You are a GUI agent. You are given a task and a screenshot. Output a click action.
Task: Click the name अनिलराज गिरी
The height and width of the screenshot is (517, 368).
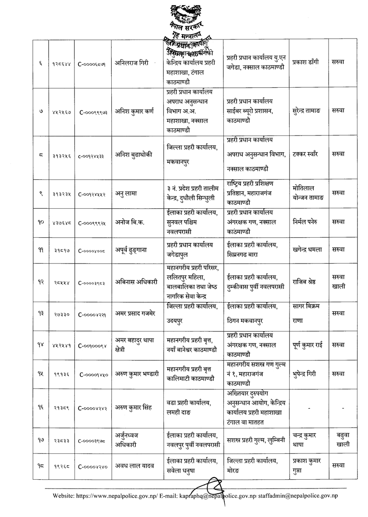click(x=130, y=62)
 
